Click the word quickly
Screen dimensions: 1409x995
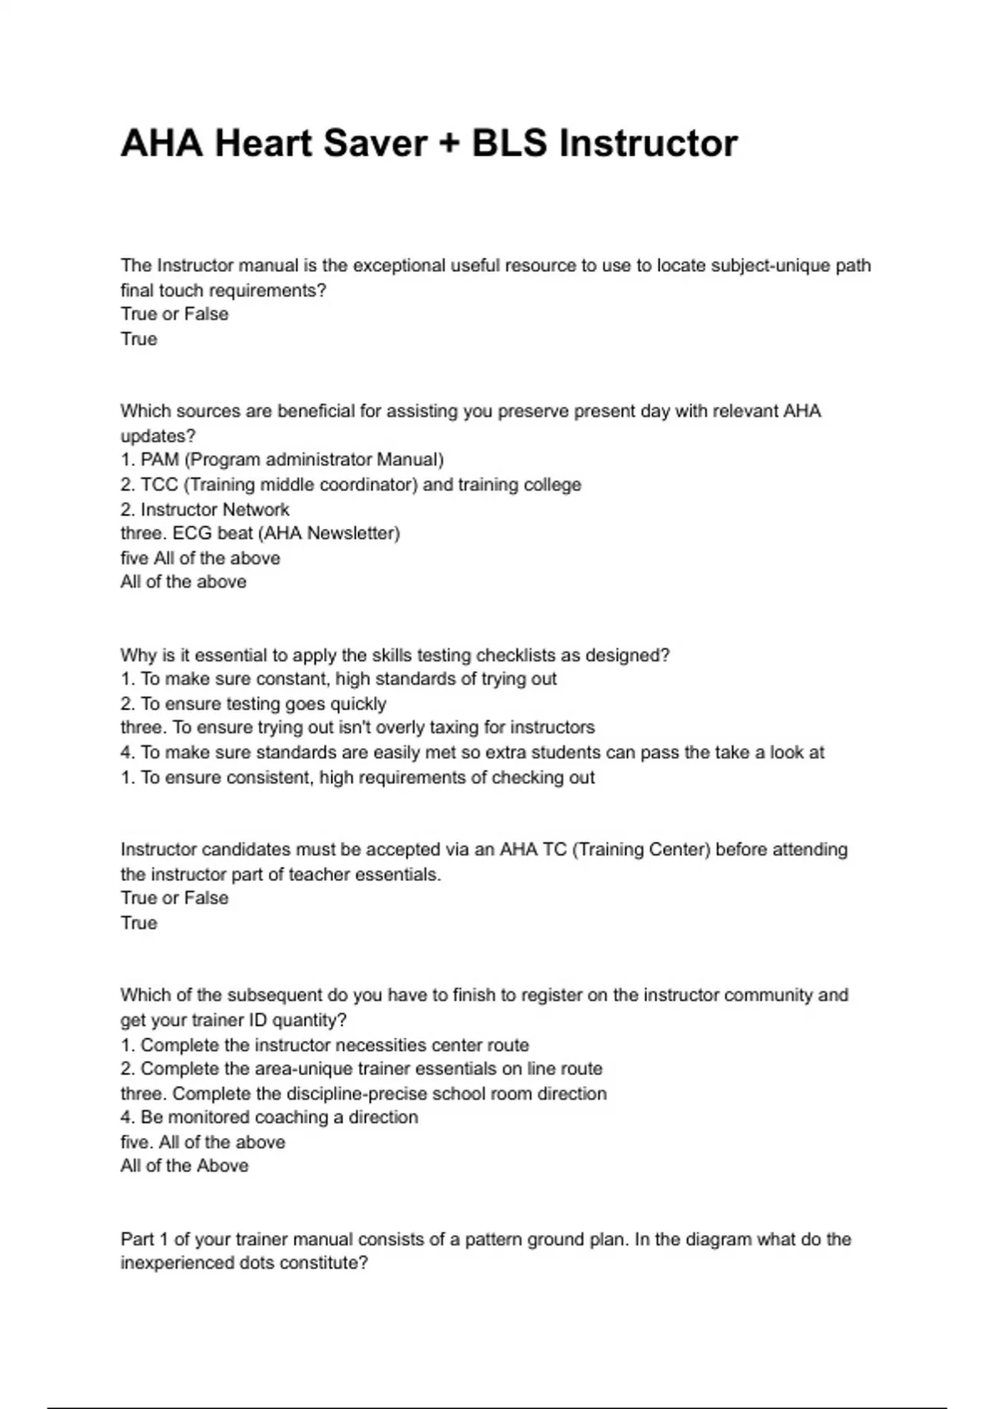(x=358, y=704)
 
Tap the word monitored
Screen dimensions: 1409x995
(x=208, y=1117)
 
